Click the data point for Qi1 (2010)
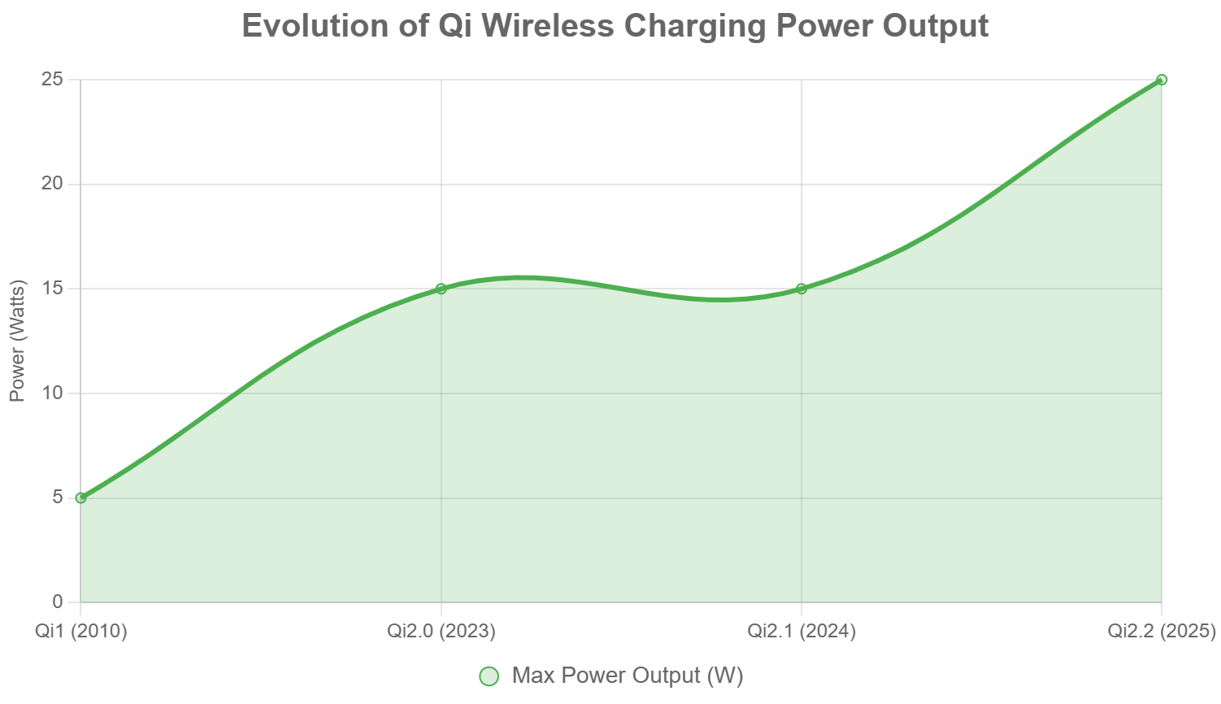click(x=80, y=498)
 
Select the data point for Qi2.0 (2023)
click(x=441, y=289)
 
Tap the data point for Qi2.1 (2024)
click(x=802, y=289)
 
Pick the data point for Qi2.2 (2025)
click(x=1162, y=80)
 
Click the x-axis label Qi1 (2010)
click(x=81, y=631)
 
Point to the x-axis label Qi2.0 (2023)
click(x=441, y=631)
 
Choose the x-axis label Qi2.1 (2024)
click(x=802, y=631)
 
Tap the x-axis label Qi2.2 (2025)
click(x=1162, y=631)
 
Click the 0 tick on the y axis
click(x=58, y=602)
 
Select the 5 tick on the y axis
click(x=58, y=498)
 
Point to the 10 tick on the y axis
click(x=53, y=393)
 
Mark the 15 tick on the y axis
click(x=53, y=289)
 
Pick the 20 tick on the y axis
click(x=53, y=184)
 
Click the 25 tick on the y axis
click(x=53, y=80)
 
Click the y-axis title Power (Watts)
click(x=18, y=341)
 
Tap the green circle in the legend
click(x=489, y=676)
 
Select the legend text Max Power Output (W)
click(x=628, y=676)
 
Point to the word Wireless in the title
click(x=548, y=26)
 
